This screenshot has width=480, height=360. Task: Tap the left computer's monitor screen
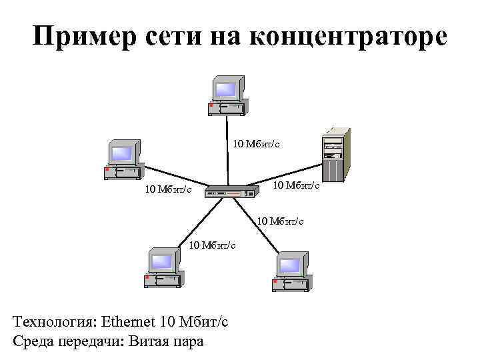click(121, 154)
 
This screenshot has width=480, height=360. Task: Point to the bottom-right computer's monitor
click(290, 266)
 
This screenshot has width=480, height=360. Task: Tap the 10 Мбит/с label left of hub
click(169, 191)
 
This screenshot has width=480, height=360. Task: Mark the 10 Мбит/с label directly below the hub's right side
click(281, 220)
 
